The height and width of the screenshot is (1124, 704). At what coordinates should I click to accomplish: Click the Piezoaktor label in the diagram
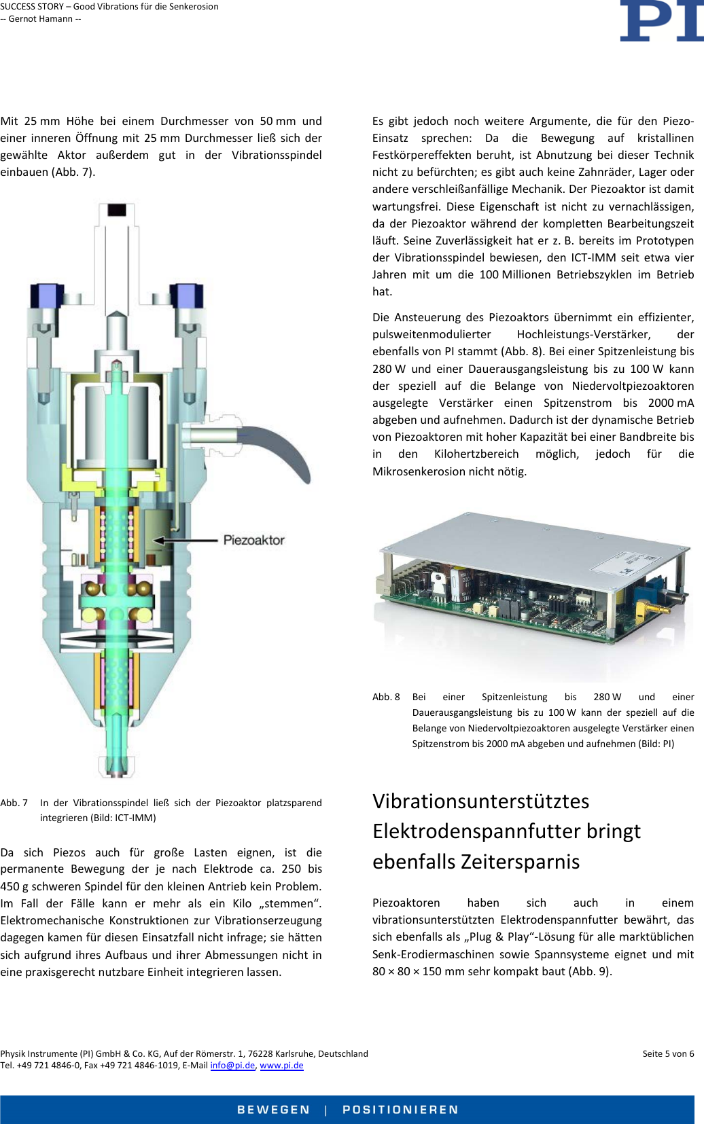[253, 540]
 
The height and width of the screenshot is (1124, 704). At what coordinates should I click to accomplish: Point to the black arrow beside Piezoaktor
[183, 541]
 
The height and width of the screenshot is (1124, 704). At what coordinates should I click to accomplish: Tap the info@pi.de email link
[232, 1065]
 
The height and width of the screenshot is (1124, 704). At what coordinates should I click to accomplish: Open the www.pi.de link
[281, 1065]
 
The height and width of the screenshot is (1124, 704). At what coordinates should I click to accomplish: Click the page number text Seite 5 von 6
[668, 1053]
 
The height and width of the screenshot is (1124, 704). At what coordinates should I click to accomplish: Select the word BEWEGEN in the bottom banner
[273, 1110]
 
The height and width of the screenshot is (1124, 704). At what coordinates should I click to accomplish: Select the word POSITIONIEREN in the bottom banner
[400, 1110]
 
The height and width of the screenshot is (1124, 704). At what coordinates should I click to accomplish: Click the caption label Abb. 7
[14, 803]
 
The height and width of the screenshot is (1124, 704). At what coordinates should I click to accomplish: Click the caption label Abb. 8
[386, 697]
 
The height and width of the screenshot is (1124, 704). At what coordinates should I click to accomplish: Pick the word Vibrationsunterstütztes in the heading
[480, 801]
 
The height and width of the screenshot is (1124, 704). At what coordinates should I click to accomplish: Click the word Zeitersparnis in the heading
[520, 861]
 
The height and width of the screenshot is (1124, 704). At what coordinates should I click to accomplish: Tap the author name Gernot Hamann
[41, 18]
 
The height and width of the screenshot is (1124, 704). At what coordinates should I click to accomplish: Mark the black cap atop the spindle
[117, 209]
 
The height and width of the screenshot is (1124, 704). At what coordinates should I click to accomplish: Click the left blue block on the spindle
[47, 296]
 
